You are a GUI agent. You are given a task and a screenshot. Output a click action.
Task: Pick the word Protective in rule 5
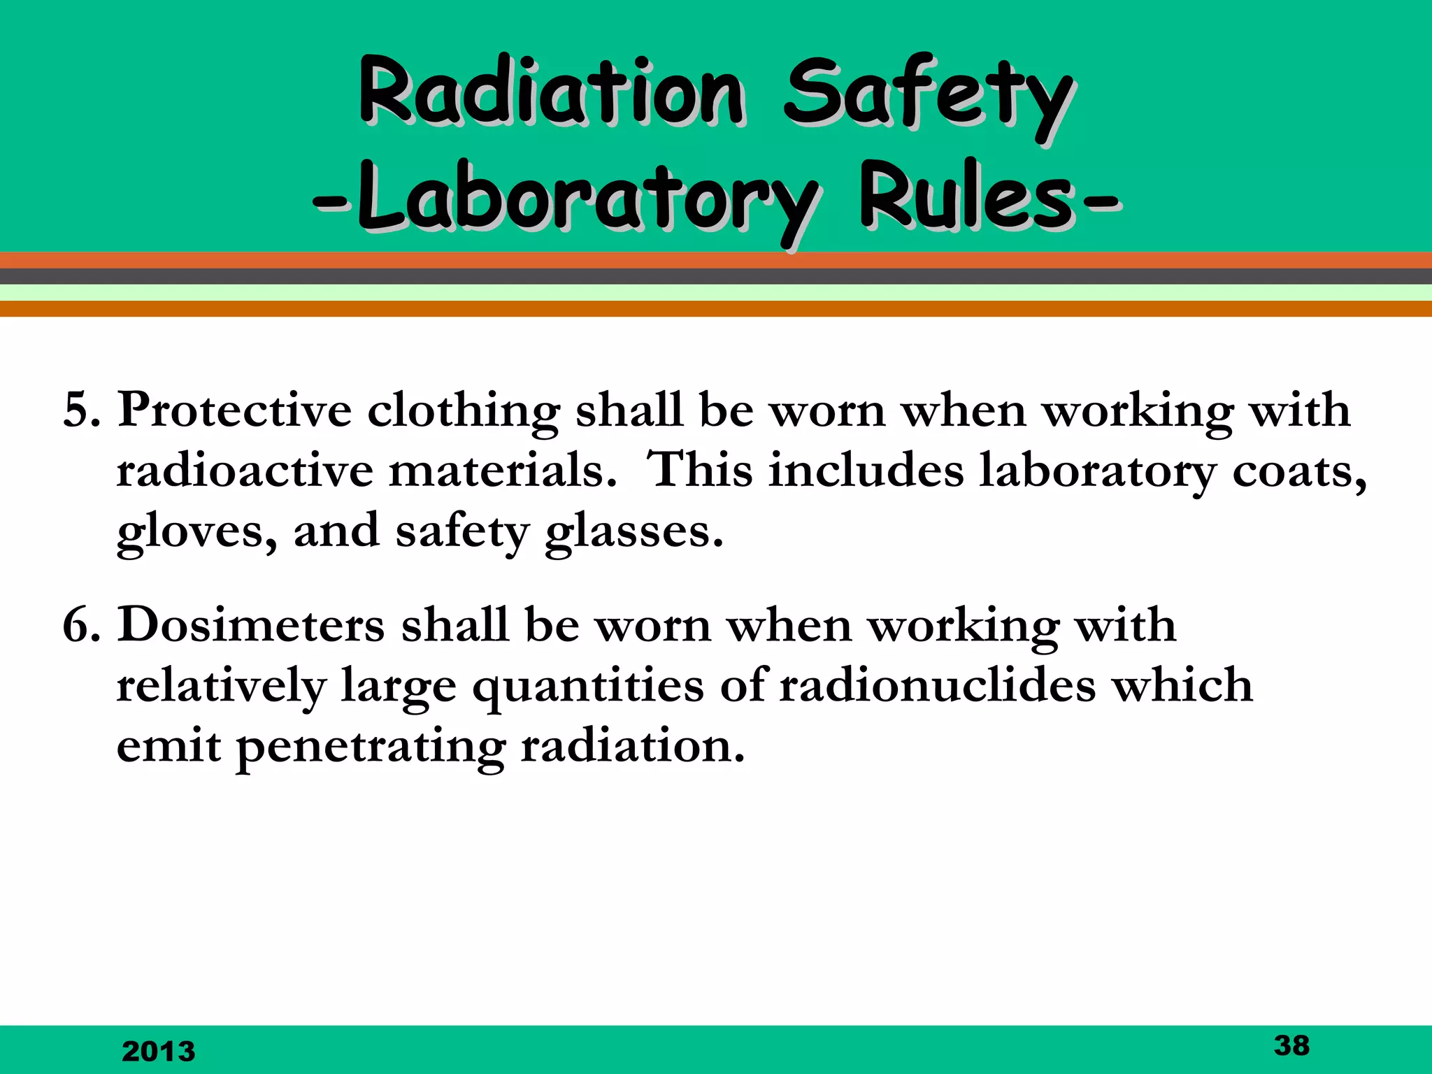(234, 410)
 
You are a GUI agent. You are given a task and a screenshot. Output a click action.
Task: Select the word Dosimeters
(251, 624)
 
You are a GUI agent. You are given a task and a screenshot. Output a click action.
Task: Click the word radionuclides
(937, 685)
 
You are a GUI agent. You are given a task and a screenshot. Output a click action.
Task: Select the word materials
(502, 471)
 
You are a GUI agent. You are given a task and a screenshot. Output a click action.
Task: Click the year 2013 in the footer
(159, 1051)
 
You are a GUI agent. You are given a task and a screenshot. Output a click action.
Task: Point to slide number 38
(1291, 1045)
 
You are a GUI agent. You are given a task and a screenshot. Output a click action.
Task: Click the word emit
(169, 746)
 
